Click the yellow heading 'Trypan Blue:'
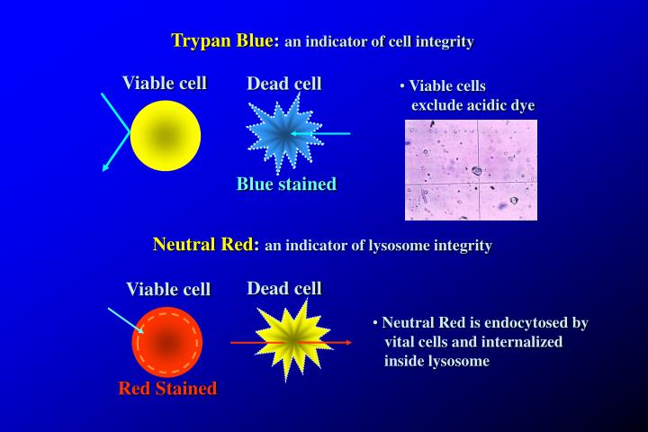(226, 40)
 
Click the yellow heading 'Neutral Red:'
(206, 244)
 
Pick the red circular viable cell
(167, 342)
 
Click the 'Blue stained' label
(286, 184)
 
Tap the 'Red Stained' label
(167, 389)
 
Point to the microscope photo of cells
(471, 169)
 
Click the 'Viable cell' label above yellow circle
(165, 84)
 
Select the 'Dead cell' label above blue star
(284, 84)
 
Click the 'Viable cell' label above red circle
(168, 289)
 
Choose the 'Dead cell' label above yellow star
(284, 288)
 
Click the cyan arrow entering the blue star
(324, 134)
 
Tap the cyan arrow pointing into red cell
(123, 320)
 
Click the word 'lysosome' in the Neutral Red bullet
(459, 361)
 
